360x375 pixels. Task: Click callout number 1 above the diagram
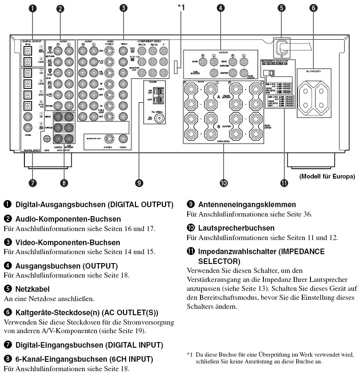coord(32,9)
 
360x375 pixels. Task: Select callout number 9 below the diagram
coord(139,183)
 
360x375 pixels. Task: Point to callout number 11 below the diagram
coord(284,183)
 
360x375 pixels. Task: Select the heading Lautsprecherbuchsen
coord(236,228)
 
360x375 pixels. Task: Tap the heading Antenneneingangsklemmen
coord(247,205)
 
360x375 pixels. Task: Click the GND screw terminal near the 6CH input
coord(47,138)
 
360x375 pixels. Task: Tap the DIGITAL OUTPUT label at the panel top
coord(31,41)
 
